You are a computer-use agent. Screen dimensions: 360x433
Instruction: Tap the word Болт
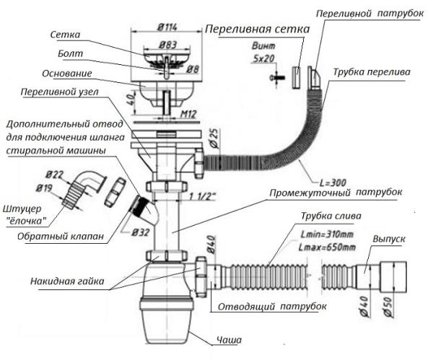pos(63,53)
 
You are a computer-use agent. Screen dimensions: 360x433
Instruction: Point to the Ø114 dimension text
pos(167,27)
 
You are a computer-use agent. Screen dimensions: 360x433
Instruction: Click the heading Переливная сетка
pos(257,30)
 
